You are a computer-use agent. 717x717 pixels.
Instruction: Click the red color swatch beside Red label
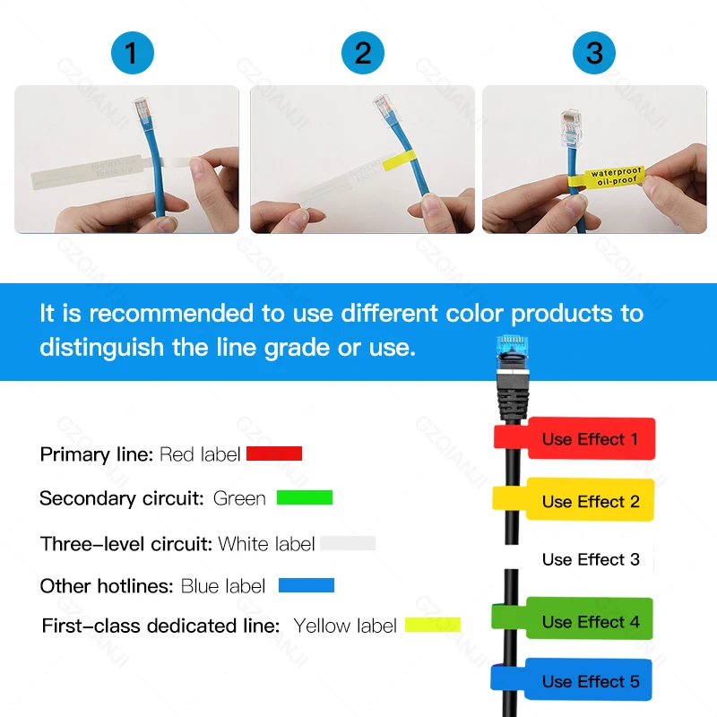[274, 454]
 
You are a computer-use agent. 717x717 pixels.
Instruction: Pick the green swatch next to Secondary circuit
[305, 497]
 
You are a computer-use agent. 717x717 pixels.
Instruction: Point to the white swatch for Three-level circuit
[348, 543]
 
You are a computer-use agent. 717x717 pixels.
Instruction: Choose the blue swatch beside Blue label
[307, 585]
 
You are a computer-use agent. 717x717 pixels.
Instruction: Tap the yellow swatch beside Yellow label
[432, 624]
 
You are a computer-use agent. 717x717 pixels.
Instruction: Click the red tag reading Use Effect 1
[589, 439]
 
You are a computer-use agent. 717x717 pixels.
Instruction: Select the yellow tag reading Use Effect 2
[589, 501]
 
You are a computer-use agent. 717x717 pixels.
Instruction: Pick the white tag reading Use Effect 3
[590, 559]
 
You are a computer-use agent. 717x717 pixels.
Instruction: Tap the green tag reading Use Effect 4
[589, 620]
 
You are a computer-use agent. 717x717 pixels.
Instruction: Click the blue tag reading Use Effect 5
[589, 681]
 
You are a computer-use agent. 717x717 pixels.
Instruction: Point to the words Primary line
[97, 454]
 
